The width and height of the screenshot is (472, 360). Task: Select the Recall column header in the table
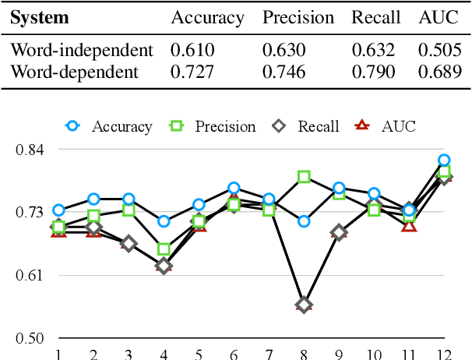[375, 17]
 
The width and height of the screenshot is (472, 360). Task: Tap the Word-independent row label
[81, 51]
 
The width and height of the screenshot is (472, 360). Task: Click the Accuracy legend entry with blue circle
[110, 126]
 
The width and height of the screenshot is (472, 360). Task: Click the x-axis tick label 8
[304, 353]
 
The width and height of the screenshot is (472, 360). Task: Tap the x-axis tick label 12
[443, 353]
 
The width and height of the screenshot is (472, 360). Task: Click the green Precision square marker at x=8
[304, 177]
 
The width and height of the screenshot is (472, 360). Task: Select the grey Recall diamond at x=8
[304, 305]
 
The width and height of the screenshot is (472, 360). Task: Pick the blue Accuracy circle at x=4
[164, 221]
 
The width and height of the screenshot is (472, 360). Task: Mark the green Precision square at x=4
[164, 249]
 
